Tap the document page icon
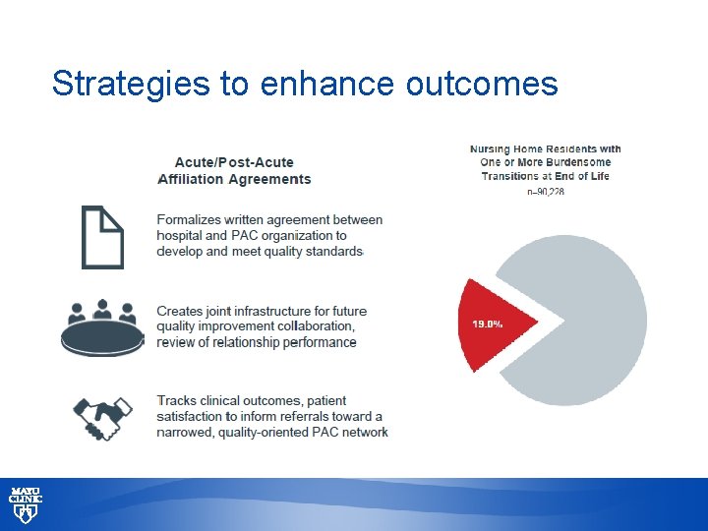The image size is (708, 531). [x=102, y=237]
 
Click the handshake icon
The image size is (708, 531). [x=103, y=418]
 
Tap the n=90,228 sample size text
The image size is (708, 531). [x=546, y=191]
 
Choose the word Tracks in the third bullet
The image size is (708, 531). [x=178, y=401]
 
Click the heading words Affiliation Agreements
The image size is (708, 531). [x=234, y=179]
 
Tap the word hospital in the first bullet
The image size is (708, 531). [x=181, y=236]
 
